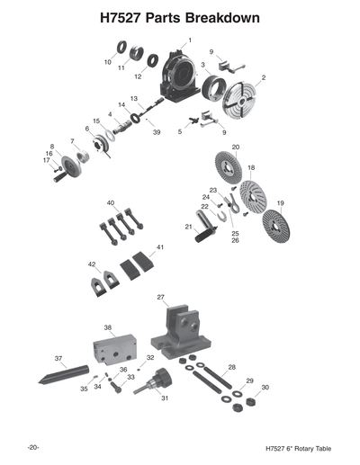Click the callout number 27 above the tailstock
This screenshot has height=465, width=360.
click(x=160, y=296)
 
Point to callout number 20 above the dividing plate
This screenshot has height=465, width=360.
click(x=236, y=147)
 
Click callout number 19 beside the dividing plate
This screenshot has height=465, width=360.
click(x=280, y=203)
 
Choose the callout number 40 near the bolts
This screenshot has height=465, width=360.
click(x=111, y=203)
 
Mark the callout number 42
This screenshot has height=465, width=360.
click(x=92, y=264)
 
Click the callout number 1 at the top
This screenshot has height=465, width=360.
click(x=190, y=41)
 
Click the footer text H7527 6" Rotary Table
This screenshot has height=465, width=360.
click(x=292, y=448)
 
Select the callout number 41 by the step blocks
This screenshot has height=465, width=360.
click(x=160, y=246)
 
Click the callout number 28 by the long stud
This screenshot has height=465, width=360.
click(x=231, y=368)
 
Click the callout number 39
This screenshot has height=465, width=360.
click(x=156, y=132)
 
